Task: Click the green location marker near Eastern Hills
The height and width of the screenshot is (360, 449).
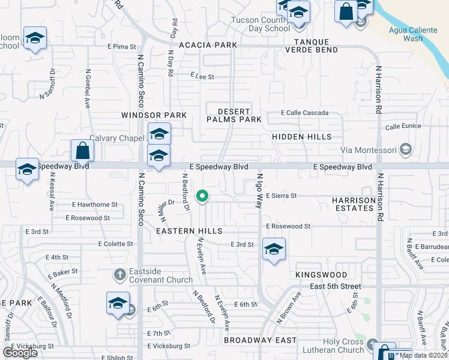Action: coord(203,196)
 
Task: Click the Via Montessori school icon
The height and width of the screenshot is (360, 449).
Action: coord(406,149)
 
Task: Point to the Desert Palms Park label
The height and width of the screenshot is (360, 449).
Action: coord(234,115)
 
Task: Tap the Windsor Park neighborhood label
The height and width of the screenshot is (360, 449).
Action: coord(154,115)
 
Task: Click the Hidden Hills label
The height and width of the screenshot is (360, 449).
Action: coord(301,137)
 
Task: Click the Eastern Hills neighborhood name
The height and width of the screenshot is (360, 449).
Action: coord(189,230)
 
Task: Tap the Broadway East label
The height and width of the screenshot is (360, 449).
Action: coord(260,340)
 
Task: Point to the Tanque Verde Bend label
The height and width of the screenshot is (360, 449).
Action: coord(316,45)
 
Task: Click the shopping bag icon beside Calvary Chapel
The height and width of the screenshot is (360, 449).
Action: coord(82,151)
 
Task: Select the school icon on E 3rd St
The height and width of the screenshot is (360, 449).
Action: coord(274,249)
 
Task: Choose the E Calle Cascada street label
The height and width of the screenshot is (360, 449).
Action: coord(305,113)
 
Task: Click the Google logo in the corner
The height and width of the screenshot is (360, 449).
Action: coord(20,353)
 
